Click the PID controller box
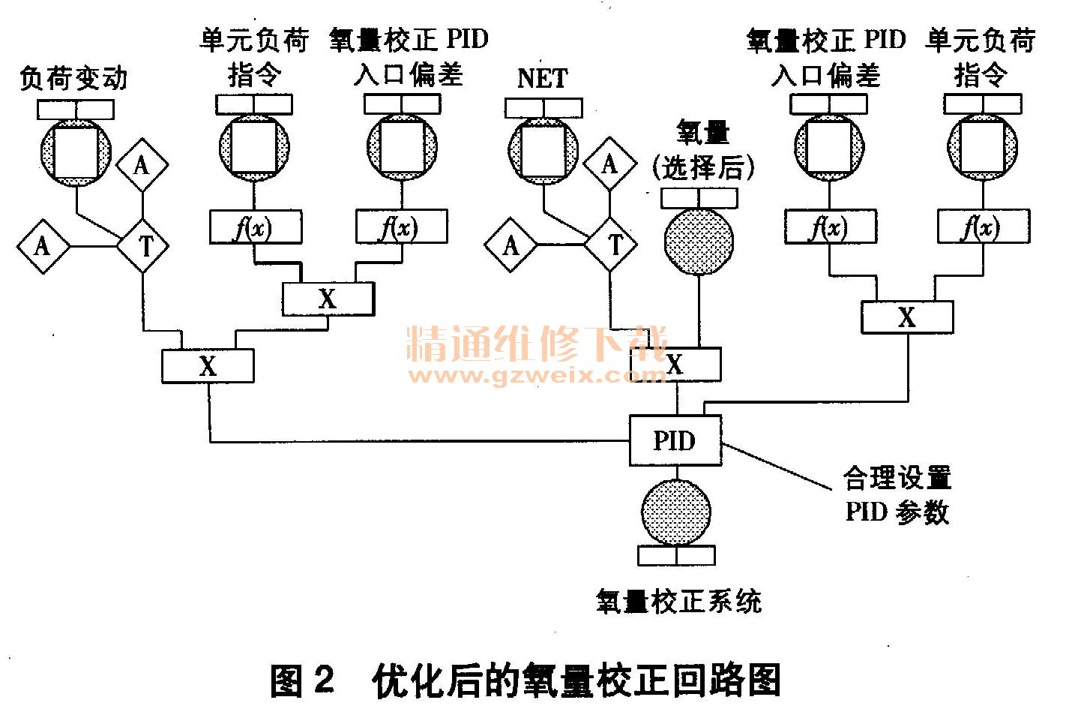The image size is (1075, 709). point(675,440)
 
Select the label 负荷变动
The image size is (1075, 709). point(73,79)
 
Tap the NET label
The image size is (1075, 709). point(543,78)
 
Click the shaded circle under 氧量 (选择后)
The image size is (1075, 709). point(699,242)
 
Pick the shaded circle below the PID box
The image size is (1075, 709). point(676,512)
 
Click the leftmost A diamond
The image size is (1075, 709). point(43,245)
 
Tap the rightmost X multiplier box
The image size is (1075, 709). point(907,317)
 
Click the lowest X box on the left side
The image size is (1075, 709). point(208,366)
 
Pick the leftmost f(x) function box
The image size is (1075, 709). point(255,227)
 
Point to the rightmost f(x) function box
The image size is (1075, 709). point(983,227)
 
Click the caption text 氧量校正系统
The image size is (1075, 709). point(678,601)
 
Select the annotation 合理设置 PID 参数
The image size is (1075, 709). point(897,495)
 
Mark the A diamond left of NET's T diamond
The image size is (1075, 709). point(511,245)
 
